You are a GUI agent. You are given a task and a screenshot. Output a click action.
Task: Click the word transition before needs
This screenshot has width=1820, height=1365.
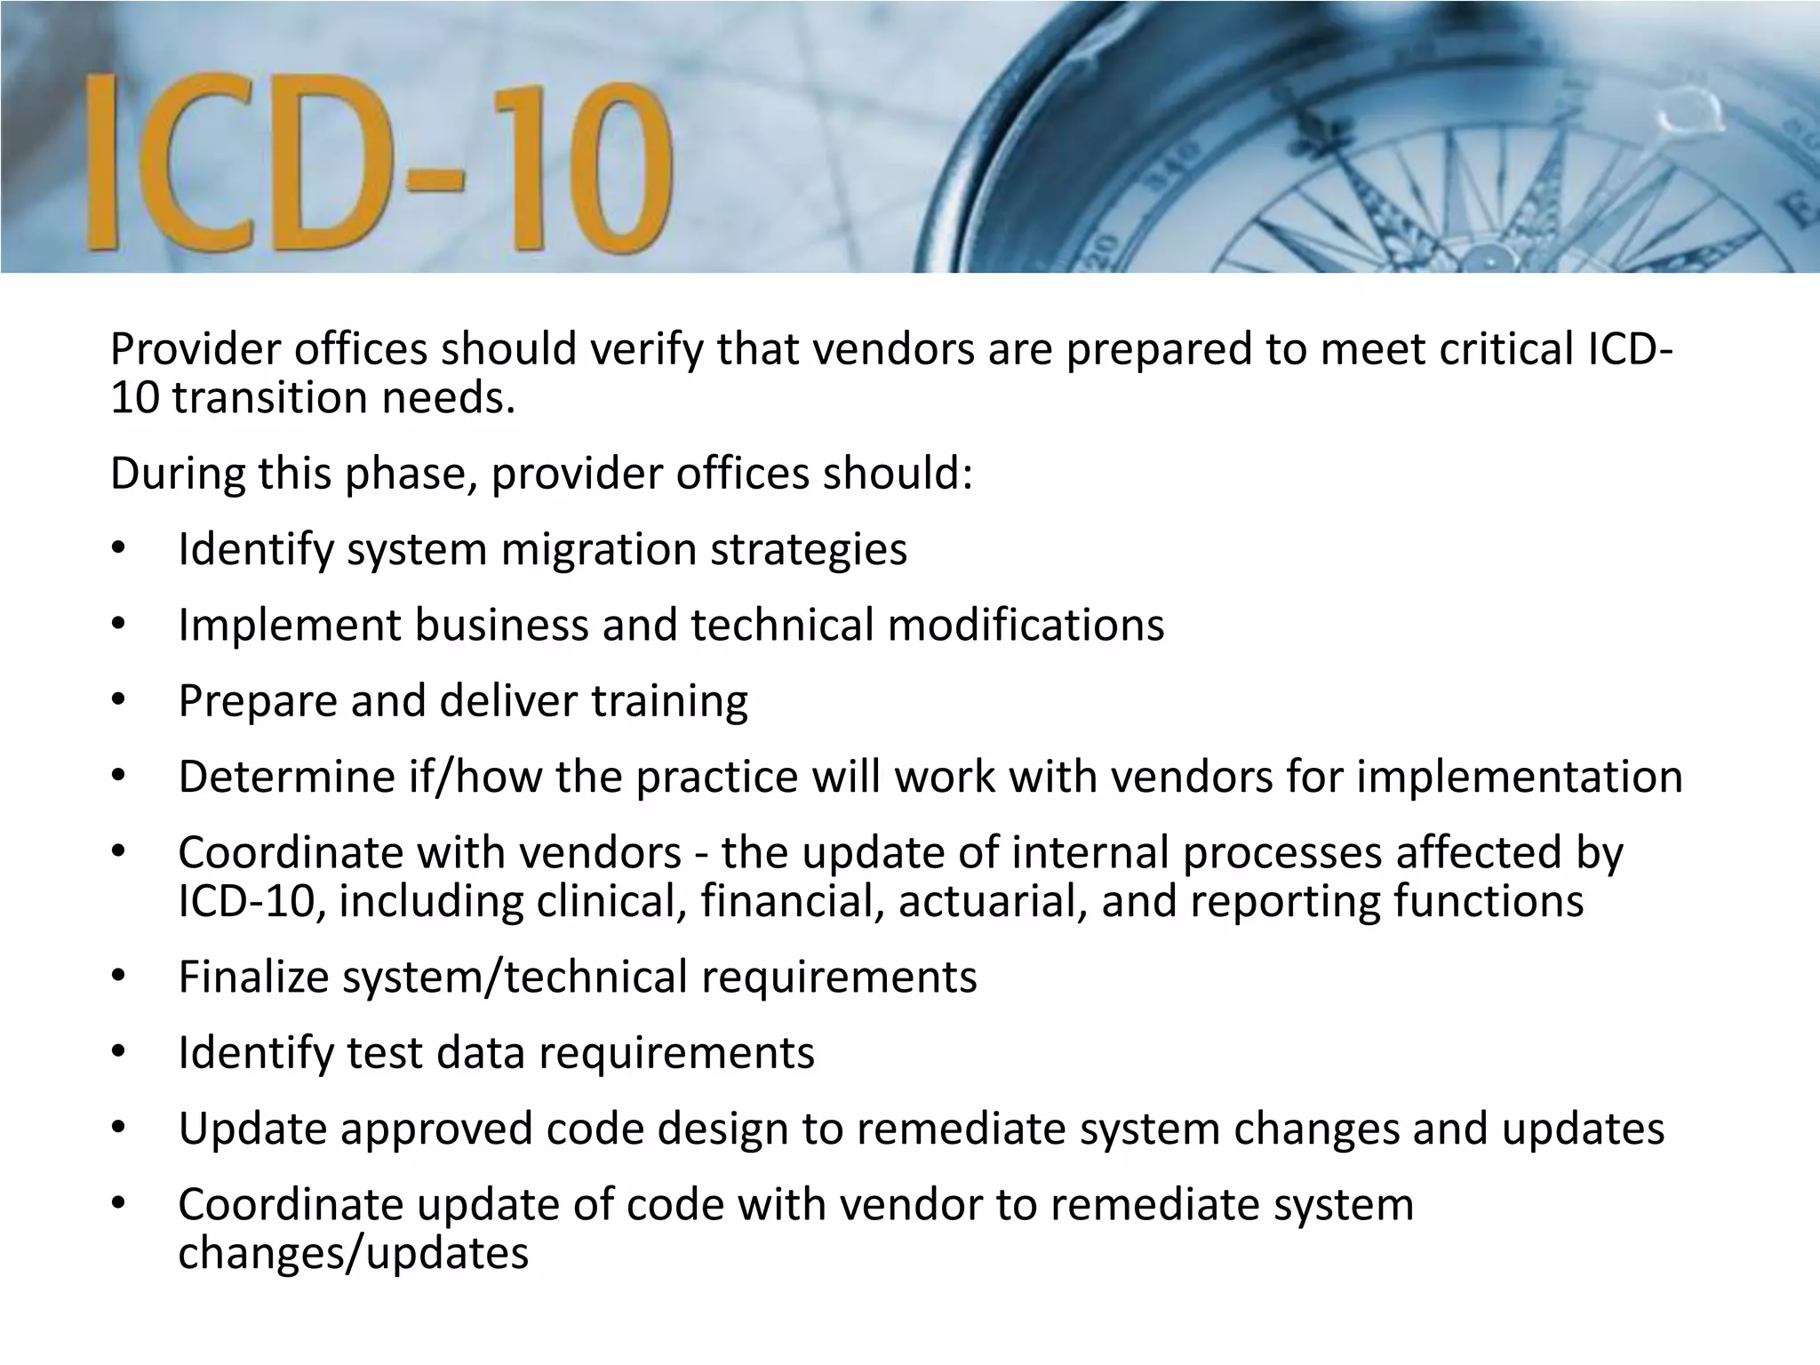coord(269,397)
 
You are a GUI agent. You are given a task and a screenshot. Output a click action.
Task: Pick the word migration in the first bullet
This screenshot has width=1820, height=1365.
coord(598,549)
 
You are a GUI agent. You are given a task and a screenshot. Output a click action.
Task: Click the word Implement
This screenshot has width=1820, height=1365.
coord(290,625)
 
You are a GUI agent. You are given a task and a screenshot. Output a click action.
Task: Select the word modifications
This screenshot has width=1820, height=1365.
coord(1026,625)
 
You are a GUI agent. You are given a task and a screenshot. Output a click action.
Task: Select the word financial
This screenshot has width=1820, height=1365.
coord(792,901)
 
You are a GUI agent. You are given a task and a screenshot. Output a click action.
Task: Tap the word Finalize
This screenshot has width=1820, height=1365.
coord(254,977)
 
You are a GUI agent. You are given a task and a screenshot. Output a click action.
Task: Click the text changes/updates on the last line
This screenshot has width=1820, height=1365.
coord(354,1253)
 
